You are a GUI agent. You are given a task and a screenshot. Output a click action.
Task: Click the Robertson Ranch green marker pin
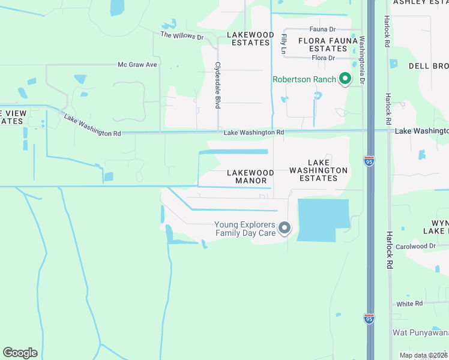(x=345, y=79)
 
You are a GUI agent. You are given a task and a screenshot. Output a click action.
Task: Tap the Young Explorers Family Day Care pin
(x=285, y=228)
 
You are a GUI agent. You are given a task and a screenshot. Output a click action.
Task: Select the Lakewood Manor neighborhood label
(x=250, y=176)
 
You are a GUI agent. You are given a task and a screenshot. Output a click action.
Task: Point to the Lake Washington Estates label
(x=318, y=170)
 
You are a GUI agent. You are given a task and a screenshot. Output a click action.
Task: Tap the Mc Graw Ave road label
(x=137, y=64)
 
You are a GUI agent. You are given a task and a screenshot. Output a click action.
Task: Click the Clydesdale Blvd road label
(x=218, y=85)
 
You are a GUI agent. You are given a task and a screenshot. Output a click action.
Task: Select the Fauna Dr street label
(x=322, y=29)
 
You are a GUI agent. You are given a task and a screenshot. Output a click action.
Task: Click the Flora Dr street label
(x=323, y=58)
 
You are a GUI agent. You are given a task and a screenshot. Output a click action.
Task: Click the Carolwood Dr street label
(x=415, y=246)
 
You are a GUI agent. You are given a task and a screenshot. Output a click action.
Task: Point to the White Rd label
(x=409, y=304)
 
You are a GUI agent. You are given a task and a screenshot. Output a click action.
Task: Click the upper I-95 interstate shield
(x=369, y=162)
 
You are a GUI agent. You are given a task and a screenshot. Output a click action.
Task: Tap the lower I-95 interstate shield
(x=369, y=319)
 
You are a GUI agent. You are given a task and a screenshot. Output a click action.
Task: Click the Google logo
(x=20, y=353)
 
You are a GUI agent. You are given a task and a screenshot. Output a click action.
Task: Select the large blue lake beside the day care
(x=323, y=220)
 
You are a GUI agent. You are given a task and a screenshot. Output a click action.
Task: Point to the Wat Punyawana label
(x=420, y=332)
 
